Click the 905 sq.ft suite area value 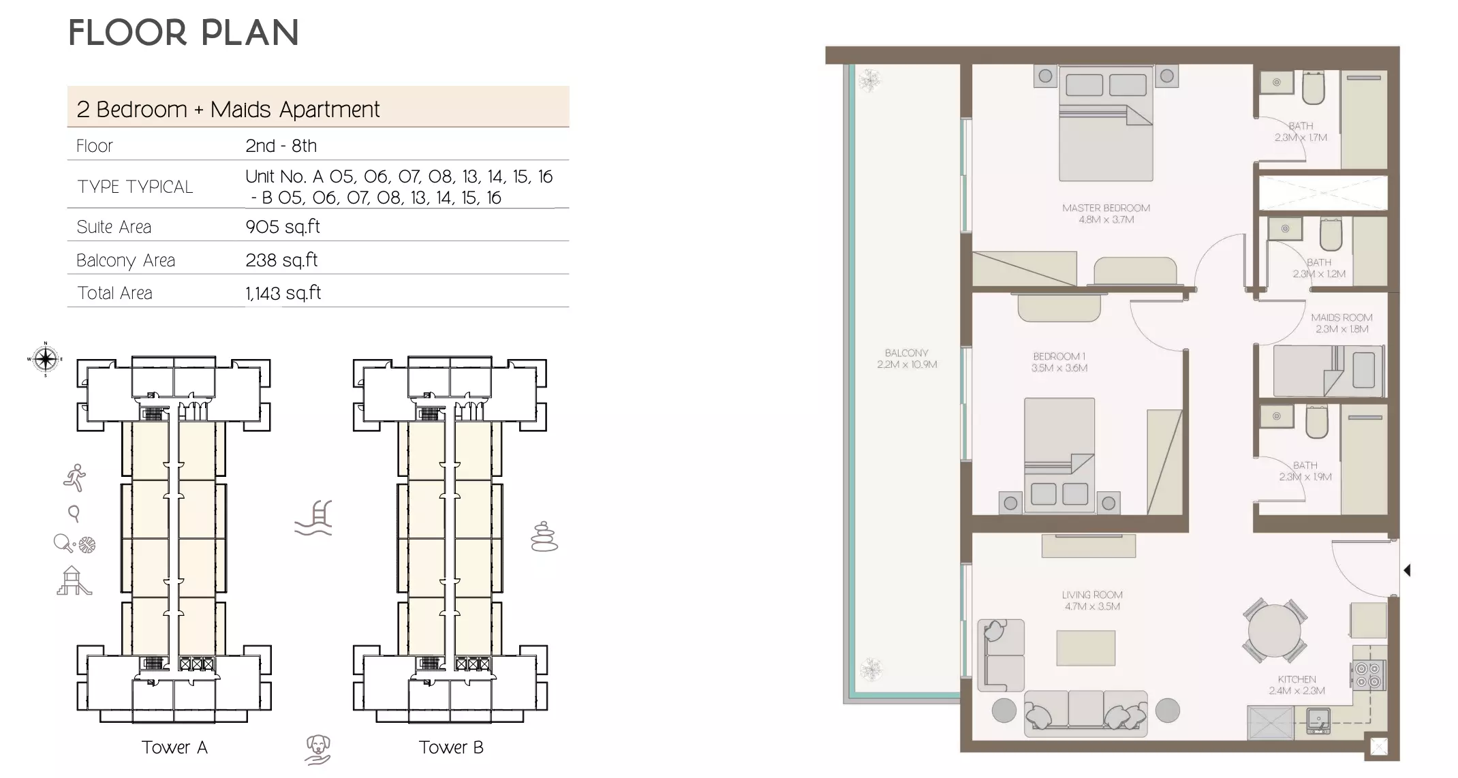tap(283, 227)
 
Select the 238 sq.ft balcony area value tap(281, 260)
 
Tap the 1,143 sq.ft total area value tap(283, 293)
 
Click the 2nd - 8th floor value tap(281, 146)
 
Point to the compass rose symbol tap(45, 358)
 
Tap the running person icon tap(75, 478)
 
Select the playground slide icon tap(73, 581)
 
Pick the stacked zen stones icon tap(544, 537)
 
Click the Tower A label tap(174, 747)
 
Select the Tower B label tap(450, 747)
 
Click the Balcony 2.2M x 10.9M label tap(906, 358)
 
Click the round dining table tap(1273, 630)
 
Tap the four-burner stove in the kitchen tap(1367, 674)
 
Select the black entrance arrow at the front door tap(1407, 570)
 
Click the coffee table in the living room tap(1085, 647)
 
